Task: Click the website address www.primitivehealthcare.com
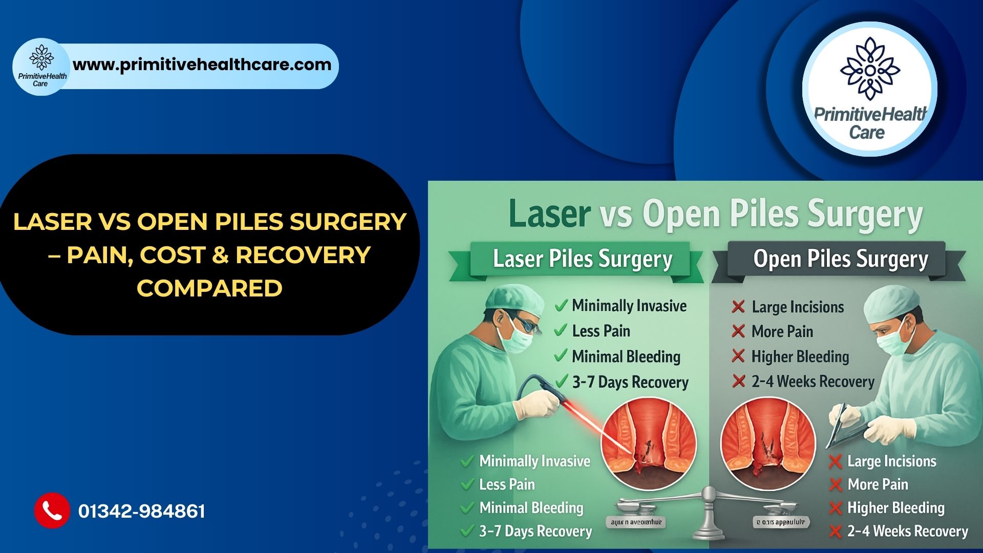click(x=202, y=65)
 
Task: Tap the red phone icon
click(x=52, y=511)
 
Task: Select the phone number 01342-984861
click(x=142, y=511)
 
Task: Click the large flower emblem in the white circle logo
click(x=870, y=68)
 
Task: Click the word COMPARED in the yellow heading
click(x=209, y=288)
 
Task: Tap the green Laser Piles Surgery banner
click(x=582, y=259)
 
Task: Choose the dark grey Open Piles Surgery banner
click(x=840, y=259)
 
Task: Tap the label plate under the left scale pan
click(x=636, y=522)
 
